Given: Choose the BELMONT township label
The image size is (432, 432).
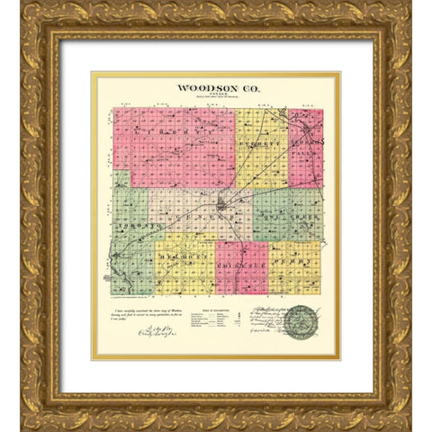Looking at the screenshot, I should (184, 262).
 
